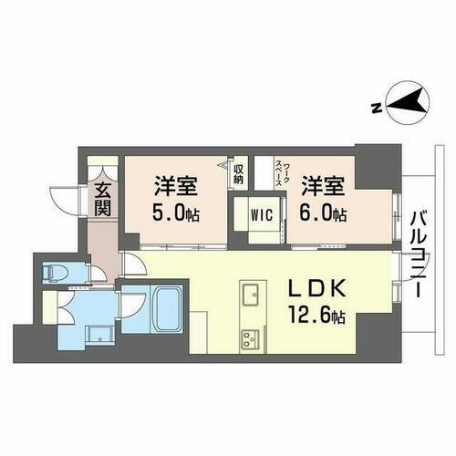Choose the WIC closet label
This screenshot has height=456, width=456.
click(260, 216)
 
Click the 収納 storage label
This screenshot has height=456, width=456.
click(238, 173)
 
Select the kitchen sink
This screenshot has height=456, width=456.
click(250, 296)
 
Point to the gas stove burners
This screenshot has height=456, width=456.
click(249, 339)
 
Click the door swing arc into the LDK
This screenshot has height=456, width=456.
click(131, 264)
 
